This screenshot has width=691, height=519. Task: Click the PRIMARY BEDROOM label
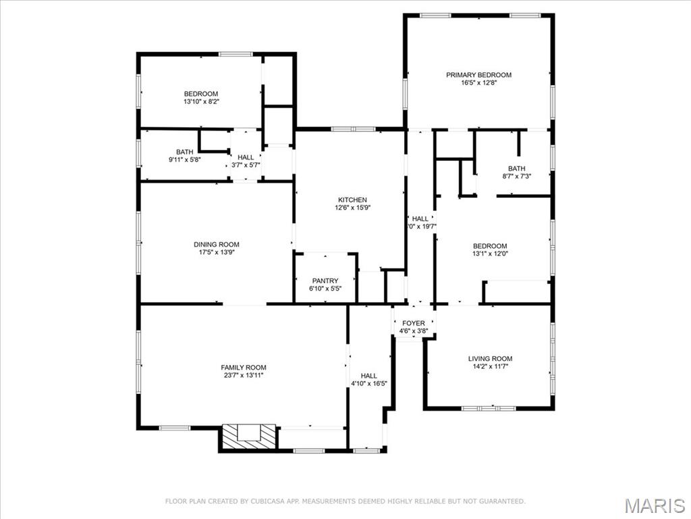pos(478,75)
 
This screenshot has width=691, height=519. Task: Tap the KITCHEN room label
pos(352,200)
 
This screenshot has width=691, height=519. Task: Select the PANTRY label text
pos(325,281)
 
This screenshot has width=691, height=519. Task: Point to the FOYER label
pos(414,324)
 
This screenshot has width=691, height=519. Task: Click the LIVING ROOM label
pos(491,359)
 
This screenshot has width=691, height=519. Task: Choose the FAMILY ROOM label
pos(243,368)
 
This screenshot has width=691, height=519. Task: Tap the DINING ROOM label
pos(216,245)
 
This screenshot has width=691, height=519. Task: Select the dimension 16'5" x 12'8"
pos(478,83)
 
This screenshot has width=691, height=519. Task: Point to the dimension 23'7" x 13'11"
pos(243,376)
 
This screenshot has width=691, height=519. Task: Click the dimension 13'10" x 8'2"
pos(201,102)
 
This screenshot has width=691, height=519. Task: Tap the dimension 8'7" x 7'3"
pos(516,177)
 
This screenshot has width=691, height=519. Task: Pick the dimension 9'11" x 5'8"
pos(184,160)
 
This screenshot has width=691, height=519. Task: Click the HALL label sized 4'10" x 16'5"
pos(369,376)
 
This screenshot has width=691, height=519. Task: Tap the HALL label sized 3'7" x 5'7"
pos(246,157)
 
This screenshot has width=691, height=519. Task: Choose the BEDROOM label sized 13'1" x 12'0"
pos(490,246)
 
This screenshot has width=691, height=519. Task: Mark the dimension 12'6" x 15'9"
pos(352,208)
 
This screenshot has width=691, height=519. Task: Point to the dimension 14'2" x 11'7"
pos(491,367)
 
